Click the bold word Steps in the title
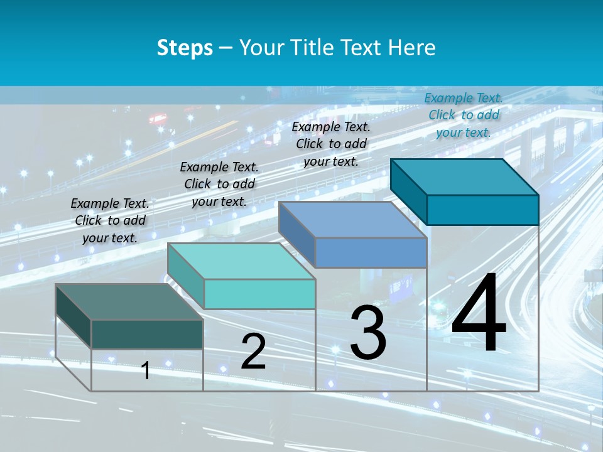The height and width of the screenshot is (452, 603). pyautogui.click(x=185, y=48)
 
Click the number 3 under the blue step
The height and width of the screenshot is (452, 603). pyautogui.click(x=368, y=333)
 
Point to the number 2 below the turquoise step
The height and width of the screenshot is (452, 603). pyautogui.click(x=253, y=352)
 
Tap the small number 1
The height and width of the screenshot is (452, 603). pyautogui.click(x=146, y=370)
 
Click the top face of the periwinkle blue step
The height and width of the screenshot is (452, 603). pyautogui.click(x=352, y=220)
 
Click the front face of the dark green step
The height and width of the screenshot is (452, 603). pyautogui.click(x=147, y=334)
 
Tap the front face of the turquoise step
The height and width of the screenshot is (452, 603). pyautogui.click(x=259, y=294)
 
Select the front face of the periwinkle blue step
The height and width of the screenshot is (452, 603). pyautogui.click(x=371, y=252)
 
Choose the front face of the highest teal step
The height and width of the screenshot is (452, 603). pyautogui.click(x=482, y=210)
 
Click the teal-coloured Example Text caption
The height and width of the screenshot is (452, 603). pyautogui.click(x=464, y=115)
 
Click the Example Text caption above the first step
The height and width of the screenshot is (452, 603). pyautogui.click(x=110, y=220)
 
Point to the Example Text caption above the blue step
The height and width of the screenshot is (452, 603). pyautogui.click(x=331, y=144)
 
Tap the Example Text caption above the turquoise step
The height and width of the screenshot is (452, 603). pyautogui.click(x=219, y=184)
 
